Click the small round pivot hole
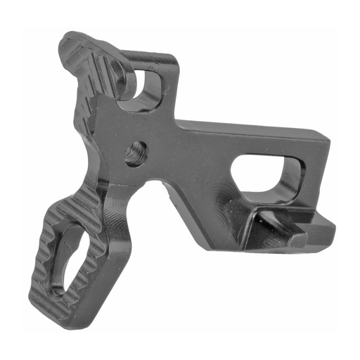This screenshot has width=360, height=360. [x=136, y=152]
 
